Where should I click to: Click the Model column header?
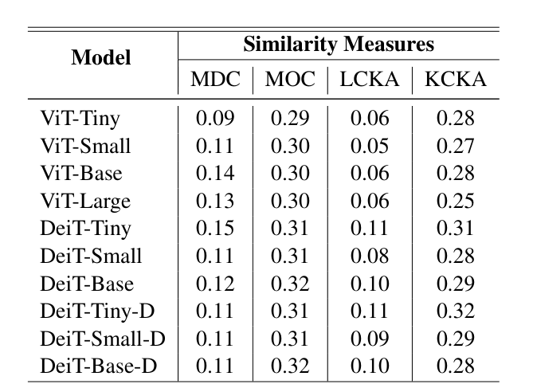point(101,58)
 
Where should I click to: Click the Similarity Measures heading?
point(339,44)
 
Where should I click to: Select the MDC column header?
point(215,80)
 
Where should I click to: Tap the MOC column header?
point(290,80)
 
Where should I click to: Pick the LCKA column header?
point(370,80)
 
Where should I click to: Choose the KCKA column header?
point(455,80)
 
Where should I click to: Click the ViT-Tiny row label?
point(80,120)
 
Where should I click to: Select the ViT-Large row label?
point(84,202)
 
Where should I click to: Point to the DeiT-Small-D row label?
point(102,339)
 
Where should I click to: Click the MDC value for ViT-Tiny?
point(215,120)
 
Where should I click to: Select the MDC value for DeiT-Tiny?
point(215,229)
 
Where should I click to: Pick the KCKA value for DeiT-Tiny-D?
point(455,311)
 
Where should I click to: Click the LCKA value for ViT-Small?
point(370,147)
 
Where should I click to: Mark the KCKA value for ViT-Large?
point(455,202)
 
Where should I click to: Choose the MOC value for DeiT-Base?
point(290,284)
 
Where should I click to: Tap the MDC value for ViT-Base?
point(215,174)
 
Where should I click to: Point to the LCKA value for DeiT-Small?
point(370,256)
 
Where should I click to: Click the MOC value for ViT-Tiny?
point(290,120)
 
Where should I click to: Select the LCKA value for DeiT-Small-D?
point(370,339)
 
